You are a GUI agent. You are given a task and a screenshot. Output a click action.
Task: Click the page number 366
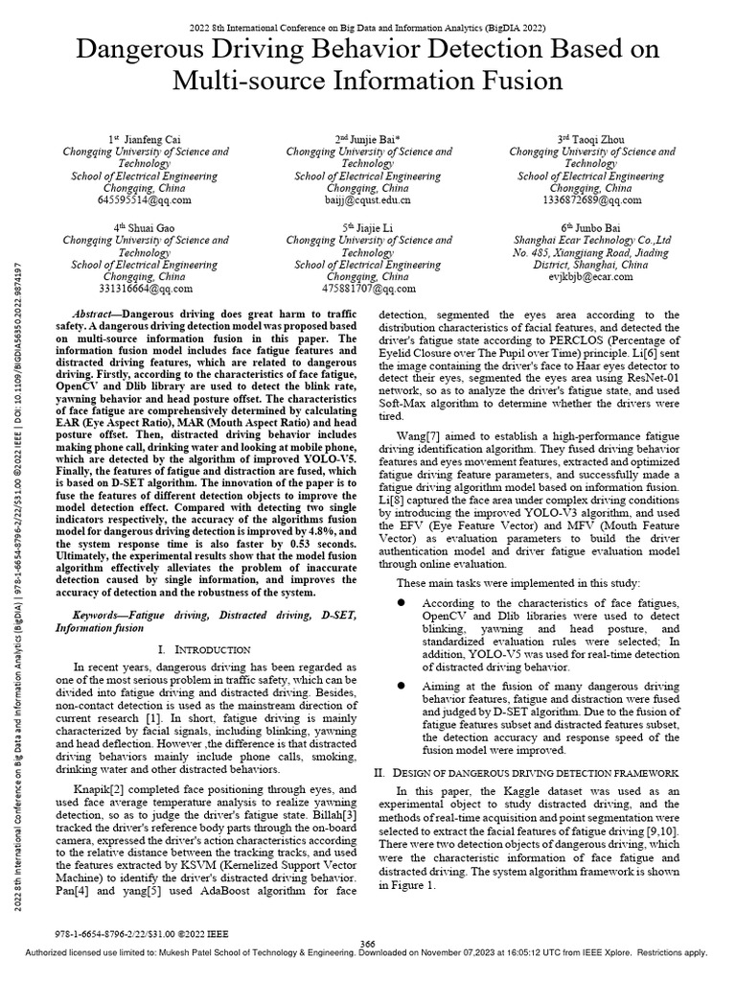[x=366, y=944]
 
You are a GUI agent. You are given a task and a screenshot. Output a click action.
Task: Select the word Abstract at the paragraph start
[x=96, y=315]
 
